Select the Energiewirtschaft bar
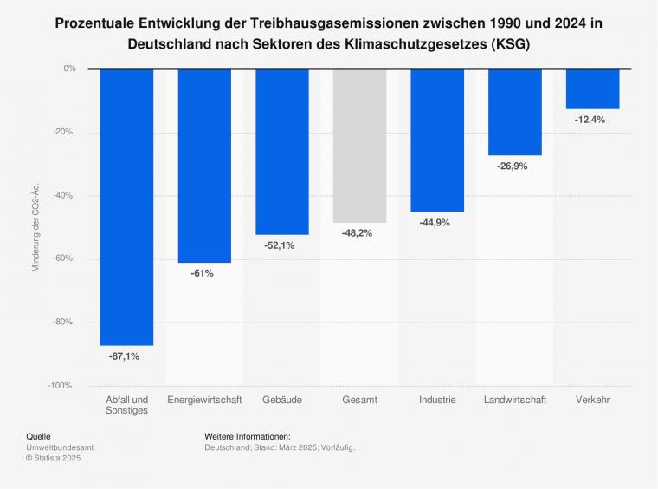pos(204,165)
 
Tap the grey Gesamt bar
pos(359,145)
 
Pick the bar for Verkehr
pos(592,88)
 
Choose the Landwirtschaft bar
pos(515,112)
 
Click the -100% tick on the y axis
pos(62,385)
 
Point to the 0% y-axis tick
pos(69,68)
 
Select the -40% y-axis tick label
pos(65,195)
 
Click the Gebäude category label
pos(281,400)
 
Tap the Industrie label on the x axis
pos(437,400)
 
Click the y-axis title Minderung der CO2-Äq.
pos(36,227)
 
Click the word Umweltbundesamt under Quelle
pos(60,447)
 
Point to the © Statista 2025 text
pos(55,458)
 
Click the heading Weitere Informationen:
pos(247,436)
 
